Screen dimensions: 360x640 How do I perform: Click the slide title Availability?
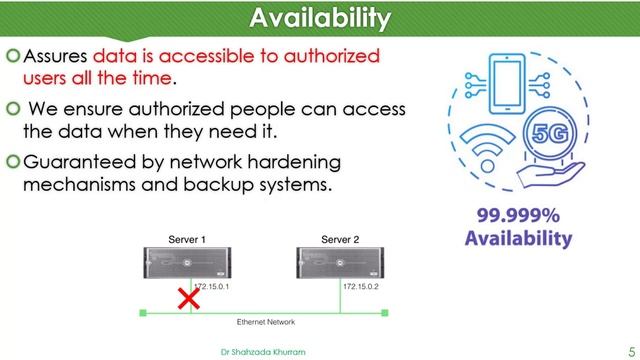pyautogui.click(x=319, y=18)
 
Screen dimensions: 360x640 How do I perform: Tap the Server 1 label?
pyautogui.click(x=187, y=240)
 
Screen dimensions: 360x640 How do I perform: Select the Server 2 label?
pyautogui.click(x=342, y=240)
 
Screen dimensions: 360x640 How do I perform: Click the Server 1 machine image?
pyautogui.click(x=187, y=262)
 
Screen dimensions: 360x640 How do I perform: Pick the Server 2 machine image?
pyautogui.click(x=342, y=262)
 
